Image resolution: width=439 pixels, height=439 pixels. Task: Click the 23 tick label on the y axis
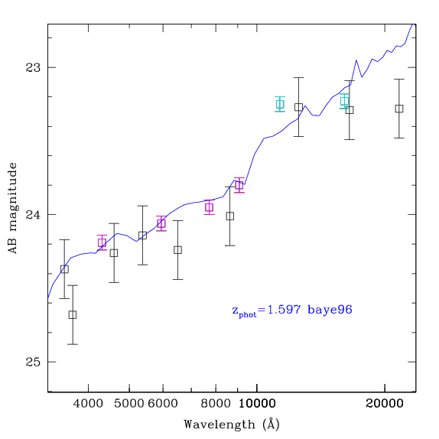coord(33,67)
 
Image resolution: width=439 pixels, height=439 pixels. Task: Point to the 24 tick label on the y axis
coord(33,215)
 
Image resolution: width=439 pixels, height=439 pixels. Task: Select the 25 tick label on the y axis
coord(33,362)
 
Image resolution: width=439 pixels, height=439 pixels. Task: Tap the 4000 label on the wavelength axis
coord(88,404)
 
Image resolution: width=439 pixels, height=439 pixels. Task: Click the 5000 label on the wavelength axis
coord(129,404)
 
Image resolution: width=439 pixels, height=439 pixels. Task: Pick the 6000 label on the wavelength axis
coord(163,404)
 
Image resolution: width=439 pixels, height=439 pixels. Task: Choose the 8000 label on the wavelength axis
coord(216,404)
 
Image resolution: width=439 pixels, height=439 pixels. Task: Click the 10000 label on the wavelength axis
coord(257,404)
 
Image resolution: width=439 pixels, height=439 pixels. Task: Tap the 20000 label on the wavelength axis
coord(385,404)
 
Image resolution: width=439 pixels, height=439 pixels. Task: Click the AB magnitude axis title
coord(12,208)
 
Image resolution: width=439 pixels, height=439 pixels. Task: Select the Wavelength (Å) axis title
coord(232,424)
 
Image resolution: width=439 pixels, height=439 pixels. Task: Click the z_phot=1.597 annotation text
coord(267,311)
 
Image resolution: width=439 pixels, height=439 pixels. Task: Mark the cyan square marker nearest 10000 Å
coord(280,104)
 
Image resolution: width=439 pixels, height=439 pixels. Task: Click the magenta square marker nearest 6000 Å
coord(161,223)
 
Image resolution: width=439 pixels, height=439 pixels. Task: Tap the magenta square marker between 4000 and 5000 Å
coord(102,242)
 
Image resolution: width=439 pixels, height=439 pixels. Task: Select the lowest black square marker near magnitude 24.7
coord(73,314)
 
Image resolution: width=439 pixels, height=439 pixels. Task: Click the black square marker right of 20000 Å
coord(399,109)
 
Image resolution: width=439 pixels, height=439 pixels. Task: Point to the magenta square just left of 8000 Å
coord(209,207)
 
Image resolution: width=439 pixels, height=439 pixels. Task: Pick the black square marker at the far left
coord(64,269)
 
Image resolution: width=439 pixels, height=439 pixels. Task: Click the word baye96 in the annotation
coord(330,311)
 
